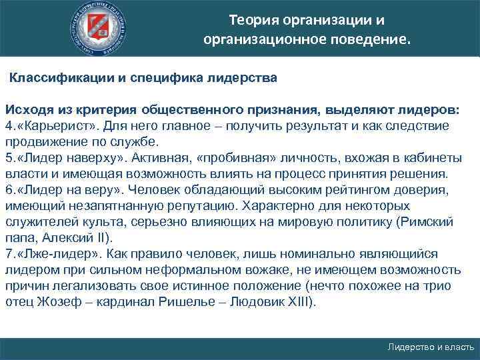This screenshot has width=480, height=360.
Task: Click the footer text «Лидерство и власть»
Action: [430, 348]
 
